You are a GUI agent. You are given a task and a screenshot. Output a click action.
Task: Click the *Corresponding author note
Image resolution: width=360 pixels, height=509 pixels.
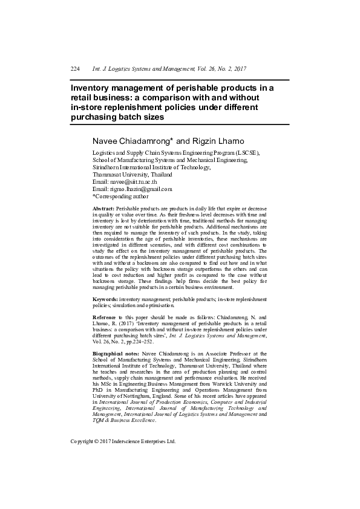120,196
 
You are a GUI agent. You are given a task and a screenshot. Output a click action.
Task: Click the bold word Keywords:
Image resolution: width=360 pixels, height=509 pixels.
105,299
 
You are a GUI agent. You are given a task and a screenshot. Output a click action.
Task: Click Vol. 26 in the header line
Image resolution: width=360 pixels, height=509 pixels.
201,69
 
